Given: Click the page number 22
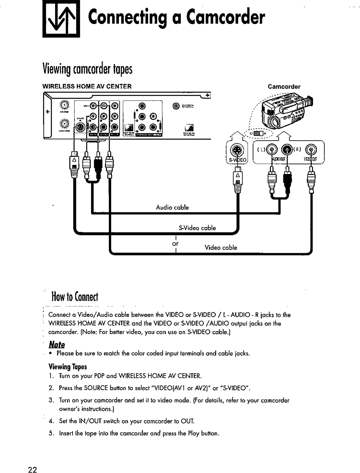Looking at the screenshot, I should pyautogui.click(x=32, y=470).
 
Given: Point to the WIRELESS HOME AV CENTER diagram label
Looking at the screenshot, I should pyautogui.click(x=87, y=86).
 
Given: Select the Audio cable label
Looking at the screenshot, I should pyautogui.click(x=172, y=207).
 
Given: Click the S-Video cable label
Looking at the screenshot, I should pyautogui.click(x=197, y=228).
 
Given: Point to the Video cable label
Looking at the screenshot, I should pyautogui.click(x=220, y=248).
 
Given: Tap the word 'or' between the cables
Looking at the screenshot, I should pyautogui.click(x=175, y=243).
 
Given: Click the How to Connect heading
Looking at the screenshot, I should pyautogui.click(x=74, y=297).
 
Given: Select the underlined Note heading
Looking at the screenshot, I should pyautogui.click(x=57, y=344).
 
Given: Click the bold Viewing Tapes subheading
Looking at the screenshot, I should pyautogui.click(x=68, y=367).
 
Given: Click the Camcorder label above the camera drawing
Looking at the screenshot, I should pyautogui.click(x=284, y=86).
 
